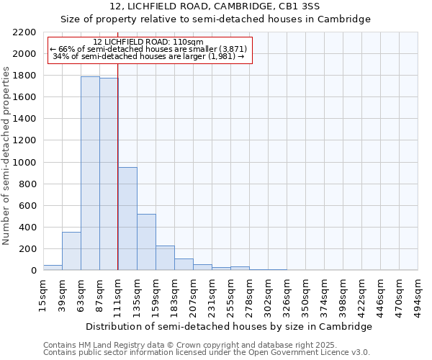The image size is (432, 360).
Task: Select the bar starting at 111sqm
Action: pyautogui.click(x=127, y=219)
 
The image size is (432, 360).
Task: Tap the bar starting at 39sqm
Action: pyautogui.click(x=71, y=251)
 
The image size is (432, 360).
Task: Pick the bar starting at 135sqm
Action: pyautogui.click(x=146, y=242)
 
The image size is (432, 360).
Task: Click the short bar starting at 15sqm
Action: pyautogui.click(x=53, y=267)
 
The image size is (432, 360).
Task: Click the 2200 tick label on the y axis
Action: pyautogui.click(x=24, y=32)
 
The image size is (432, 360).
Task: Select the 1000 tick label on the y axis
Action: pyautogui.click(x=24, y=163)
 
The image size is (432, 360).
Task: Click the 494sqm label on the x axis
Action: pyautogui.click(x=418, y=294)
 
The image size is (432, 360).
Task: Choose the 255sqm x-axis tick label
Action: pyautogui.click(x=230, y=294)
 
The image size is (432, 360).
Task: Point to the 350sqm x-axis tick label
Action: pyautogui.click(x=305, y=294)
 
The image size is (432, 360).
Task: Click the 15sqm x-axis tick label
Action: pyautogui.click(x=43, y=294)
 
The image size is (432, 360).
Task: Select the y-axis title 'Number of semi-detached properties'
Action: pyautogui.click(x=7, y=156)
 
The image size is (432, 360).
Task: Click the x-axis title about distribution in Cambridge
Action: pyautogui.click(x=229, y=326)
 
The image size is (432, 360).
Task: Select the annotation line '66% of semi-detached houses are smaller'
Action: pyautogui.click(x=148, y=49)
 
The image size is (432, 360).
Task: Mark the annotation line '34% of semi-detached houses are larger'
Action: pyautogui.click(x=148, y=56)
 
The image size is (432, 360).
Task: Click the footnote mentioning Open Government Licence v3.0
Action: pyautogui.click(x=207, y=353)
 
